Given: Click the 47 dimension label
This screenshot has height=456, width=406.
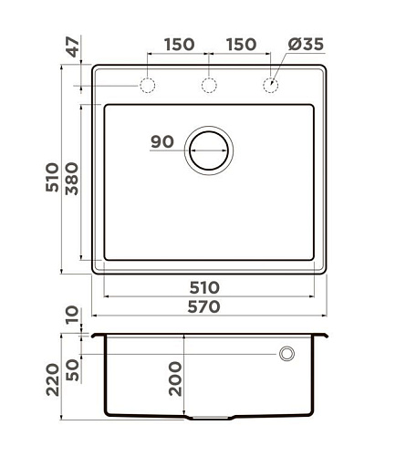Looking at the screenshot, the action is [x=73, y=47].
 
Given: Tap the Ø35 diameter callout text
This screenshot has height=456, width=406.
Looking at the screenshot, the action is [x=306, y=45].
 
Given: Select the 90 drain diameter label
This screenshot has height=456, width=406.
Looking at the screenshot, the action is [x=162, y=142].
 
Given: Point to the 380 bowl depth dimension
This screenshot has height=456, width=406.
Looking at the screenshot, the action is [x=72, y=179].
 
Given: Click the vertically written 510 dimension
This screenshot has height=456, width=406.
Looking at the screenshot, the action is [x=52, y=177].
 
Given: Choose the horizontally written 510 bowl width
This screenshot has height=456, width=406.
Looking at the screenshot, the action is [x=204, y=287].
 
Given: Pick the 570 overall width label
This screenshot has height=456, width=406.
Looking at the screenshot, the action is [x=203, y=306].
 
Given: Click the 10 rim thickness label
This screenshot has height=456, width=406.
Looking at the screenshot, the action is [x=72, y=316].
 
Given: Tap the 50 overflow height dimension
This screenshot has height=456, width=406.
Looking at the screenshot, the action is [x=72, y=370].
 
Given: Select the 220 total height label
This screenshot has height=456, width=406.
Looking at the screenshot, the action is [x=52, y=379].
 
